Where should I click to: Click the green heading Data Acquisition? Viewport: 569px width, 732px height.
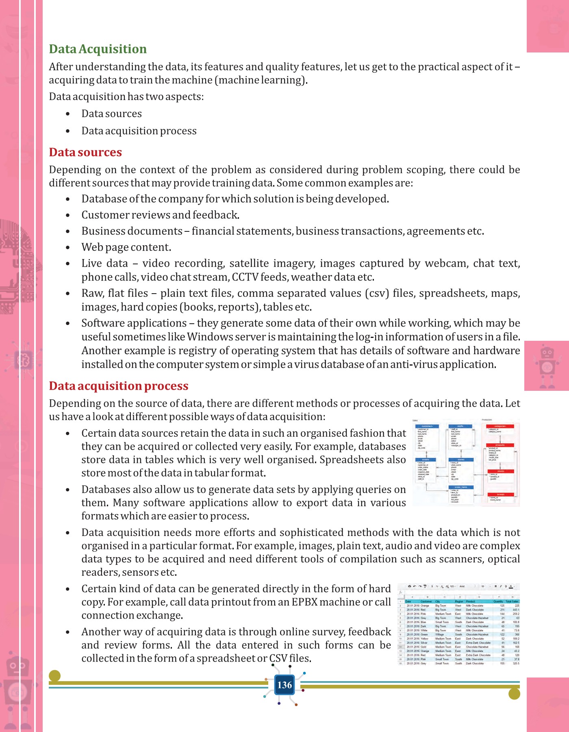[x=98, y=49]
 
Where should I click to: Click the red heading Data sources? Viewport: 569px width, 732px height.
[x=85, y=152]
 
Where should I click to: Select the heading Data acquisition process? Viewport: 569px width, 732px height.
[x=119, y=386]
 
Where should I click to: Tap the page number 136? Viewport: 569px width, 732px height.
[x=284, y=685]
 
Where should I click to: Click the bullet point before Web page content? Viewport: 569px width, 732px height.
[x=68, y=248]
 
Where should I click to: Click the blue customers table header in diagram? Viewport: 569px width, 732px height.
[x=427, y=426]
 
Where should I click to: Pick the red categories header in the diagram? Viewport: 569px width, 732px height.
[x=500, y=426]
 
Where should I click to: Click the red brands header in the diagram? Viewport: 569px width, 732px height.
[x=500, y=495]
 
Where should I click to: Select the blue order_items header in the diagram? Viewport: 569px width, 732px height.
[x=461, y=487]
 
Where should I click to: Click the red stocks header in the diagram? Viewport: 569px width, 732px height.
[x=500, y=471]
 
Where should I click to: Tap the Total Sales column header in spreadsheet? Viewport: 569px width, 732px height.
[x=512, y=601]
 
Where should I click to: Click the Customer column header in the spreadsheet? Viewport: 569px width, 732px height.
[x=426, y=601]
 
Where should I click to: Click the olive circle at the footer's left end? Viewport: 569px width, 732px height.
[x=54, y=676]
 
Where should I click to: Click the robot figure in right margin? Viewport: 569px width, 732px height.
[x=547, y=366]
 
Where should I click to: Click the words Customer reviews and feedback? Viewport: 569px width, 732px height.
[x=160, y=215]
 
